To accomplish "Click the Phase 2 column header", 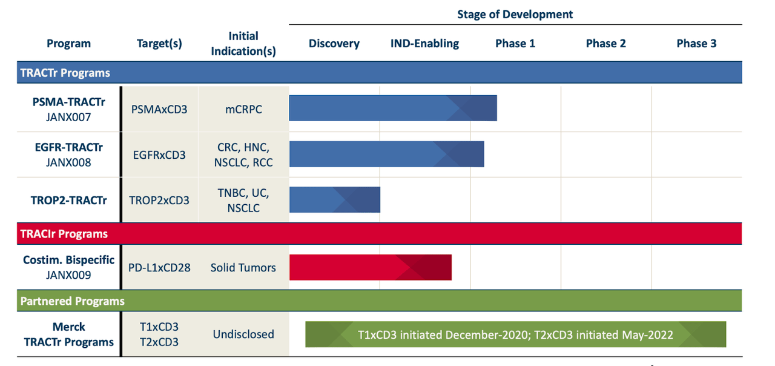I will click(x=605, y=44).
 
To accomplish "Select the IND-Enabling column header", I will click(x=424, y=44).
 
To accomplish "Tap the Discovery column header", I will click(x=334, y=44).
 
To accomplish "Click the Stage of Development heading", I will click(x=515, y=14).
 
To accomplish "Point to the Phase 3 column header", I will click(x=696, y=44).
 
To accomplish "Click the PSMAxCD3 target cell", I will click(x=159, y=110).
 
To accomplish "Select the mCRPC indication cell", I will click(x=243, y=110).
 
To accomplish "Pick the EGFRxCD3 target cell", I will click(x=159, y=155).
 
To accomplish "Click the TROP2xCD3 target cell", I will click(x=159, y=200).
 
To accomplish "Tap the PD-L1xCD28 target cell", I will click(x=159, y=267).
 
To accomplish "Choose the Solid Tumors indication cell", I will click(x=243, y=267).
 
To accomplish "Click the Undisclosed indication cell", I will click(x=243, y=334).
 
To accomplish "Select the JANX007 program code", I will click(x=68, y=117).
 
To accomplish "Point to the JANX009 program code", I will click(x=68, y=274).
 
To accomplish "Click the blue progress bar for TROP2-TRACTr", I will click(x=334, y=199).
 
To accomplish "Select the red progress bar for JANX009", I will click(x=370, y=267).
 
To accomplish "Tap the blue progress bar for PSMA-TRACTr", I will click(x=392, y=108).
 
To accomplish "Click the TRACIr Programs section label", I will click(x=64, y=234).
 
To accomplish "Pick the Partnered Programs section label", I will click(x=72, y=301).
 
